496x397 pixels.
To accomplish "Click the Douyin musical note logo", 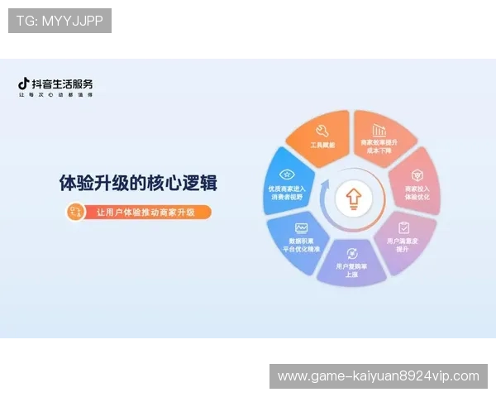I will pyautogui.click(x=24, y=84).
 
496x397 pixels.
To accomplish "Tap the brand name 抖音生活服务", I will pyautogui.click(x=62, y=84).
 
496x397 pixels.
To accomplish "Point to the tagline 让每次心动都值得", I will pyautogui.click(x=55, y=95).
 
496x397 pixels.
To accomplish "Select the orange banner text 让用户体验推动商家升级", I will pyautogui.click(x=145, y=213).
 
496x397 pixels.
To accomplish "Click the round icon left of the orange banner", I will pyautogui.click(x=75, y=213).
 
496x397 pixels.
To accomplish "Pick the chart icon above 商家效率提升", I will pyautogui.click(x=379, y=131).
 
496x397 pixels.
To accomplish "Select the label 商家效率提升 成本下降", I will pyautogui.click(x=379, y=146).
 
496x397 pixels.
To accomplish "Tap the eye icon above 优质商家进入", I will pyautogui.click(x=287, y=175).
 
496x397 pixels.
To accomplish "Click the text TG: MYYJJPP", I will pyautogui.click(x=60, y=21).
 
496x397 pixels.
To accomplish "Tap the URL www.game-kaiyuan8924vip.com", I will pyautogui.click(x=378, y=376).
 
